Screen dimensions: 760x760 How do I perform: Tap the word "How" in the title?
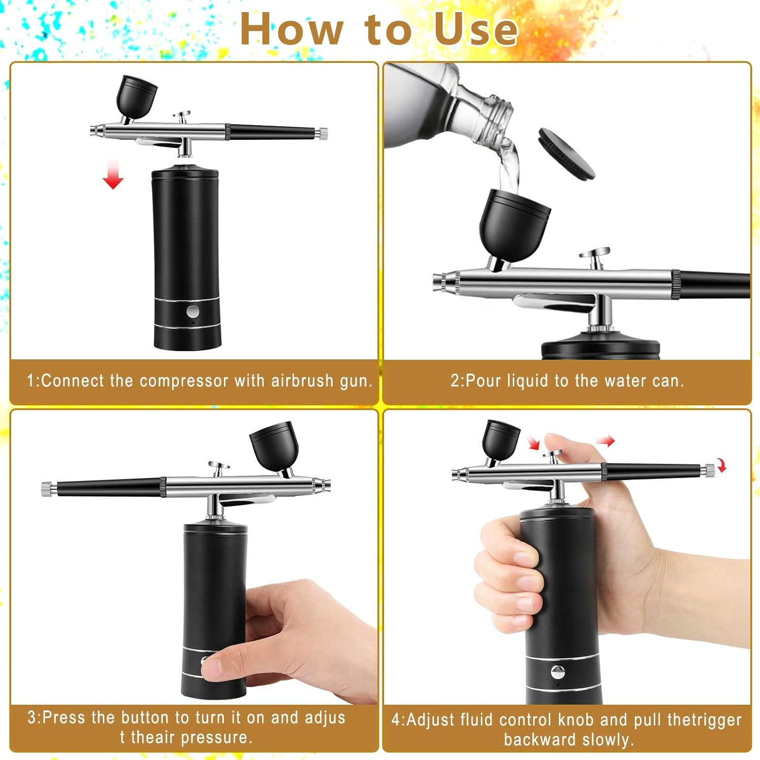[291, 29]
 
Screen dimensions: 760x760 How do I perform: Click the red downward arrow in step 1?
[113, 175]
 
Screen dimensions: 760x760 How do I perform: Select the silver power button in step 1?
[193, 311]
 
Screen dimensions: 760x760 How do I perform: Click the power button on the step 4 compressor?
[557, 672]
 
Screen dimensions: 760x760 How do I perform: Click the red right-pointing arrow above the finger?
[605, 441]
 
